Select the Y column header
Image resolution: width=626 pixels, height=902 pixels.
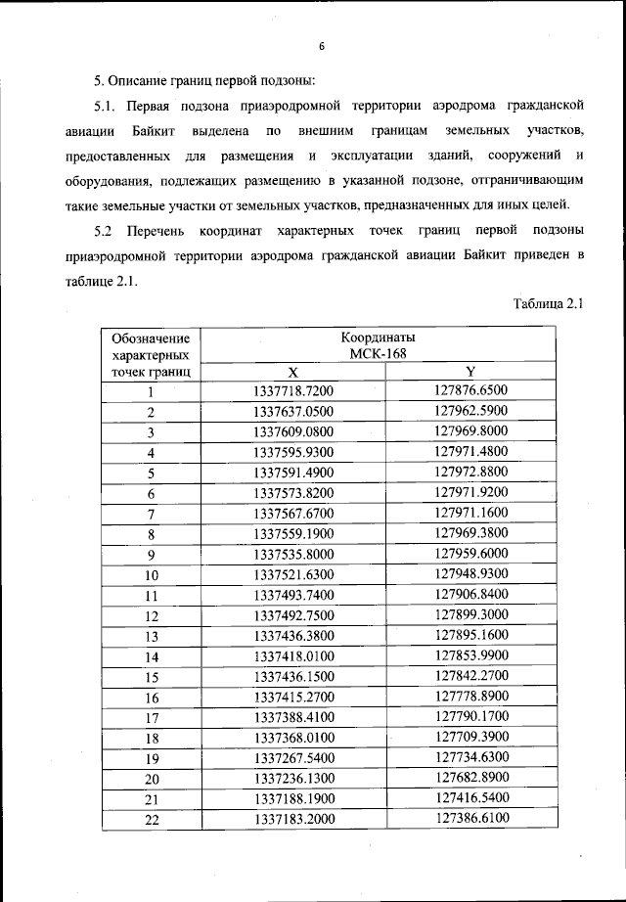click(469, 372)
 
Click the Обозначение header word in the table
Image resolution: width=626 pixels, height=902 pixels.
click(151, 337)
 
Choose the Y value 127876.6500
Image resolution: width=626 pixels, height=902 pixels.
click(471, 391)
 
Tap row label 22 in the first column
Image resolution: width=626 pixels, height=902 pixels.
click(151, 820)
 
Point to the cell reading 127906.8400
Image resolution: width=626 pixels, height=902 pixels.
click(471, 594)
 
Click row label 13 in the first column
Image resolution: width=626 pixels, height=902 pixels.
click(151, 636)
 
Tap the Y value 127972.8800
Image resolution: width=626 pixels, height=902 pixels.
click(471, 473)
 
